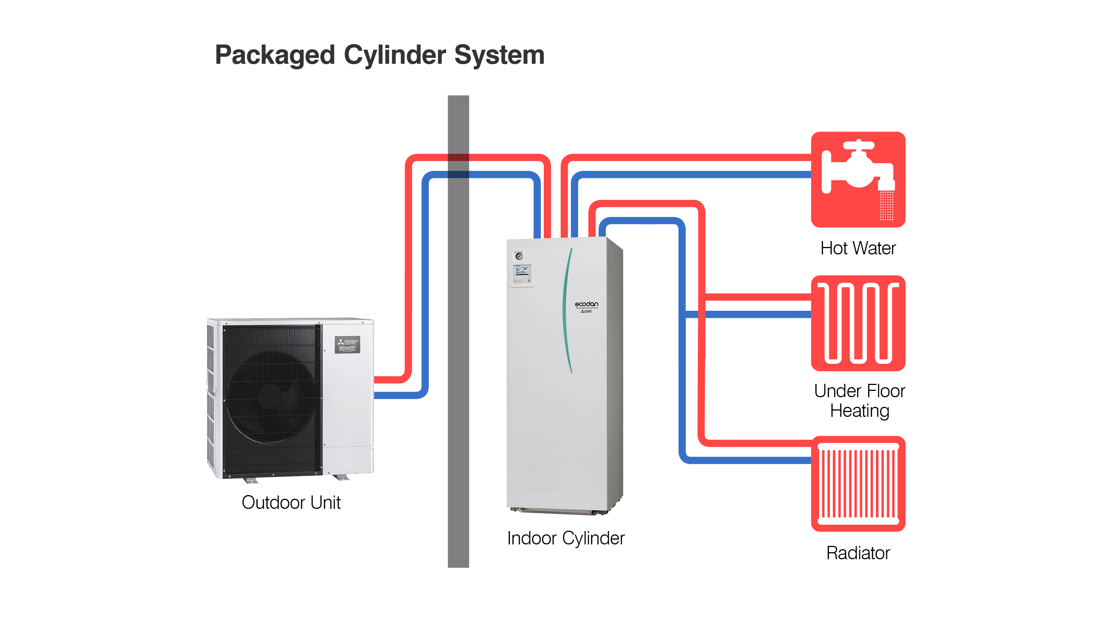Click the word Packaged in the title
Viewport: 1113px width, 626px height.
pyautogui.click(x=275, y=55)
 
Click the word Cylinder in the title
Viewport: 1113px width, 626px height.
pyautogui.click(x=394, y=55)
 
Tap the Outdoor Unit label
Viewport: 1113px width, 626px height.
pyautogui.click(x=291, y=503)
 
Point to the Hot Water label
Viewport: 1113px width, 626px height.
pyautogui.click(x=858, y=248)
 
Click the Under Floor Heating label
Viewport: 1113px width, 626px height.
pyautogui.click(x=859, y=401)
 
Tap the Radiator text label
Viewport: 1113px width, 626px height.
pyautogui.click(x=858, y=553)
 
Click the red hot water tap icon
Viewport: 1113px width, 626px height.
pyautogui.click(x=858, y=179)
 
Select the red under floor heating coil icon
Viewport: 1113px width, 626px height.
pyautogui.click(x=858, y=323)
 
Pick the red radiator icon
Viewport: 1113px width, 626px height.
pyautogui.click(x=858, y=484)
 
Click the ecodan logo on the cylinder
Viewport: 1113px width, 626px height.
pyautogui.click(x=586, y=304)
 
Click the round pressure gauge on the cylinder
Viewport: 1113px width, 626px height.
pyautogui.click(x=519, y=256)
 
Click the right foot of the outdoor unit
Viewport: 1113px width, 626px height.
pyautogui.click(x=341, y=477)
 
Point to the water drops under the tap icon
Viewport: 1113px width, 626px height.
pyautogui.click(x=886, y=206)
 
